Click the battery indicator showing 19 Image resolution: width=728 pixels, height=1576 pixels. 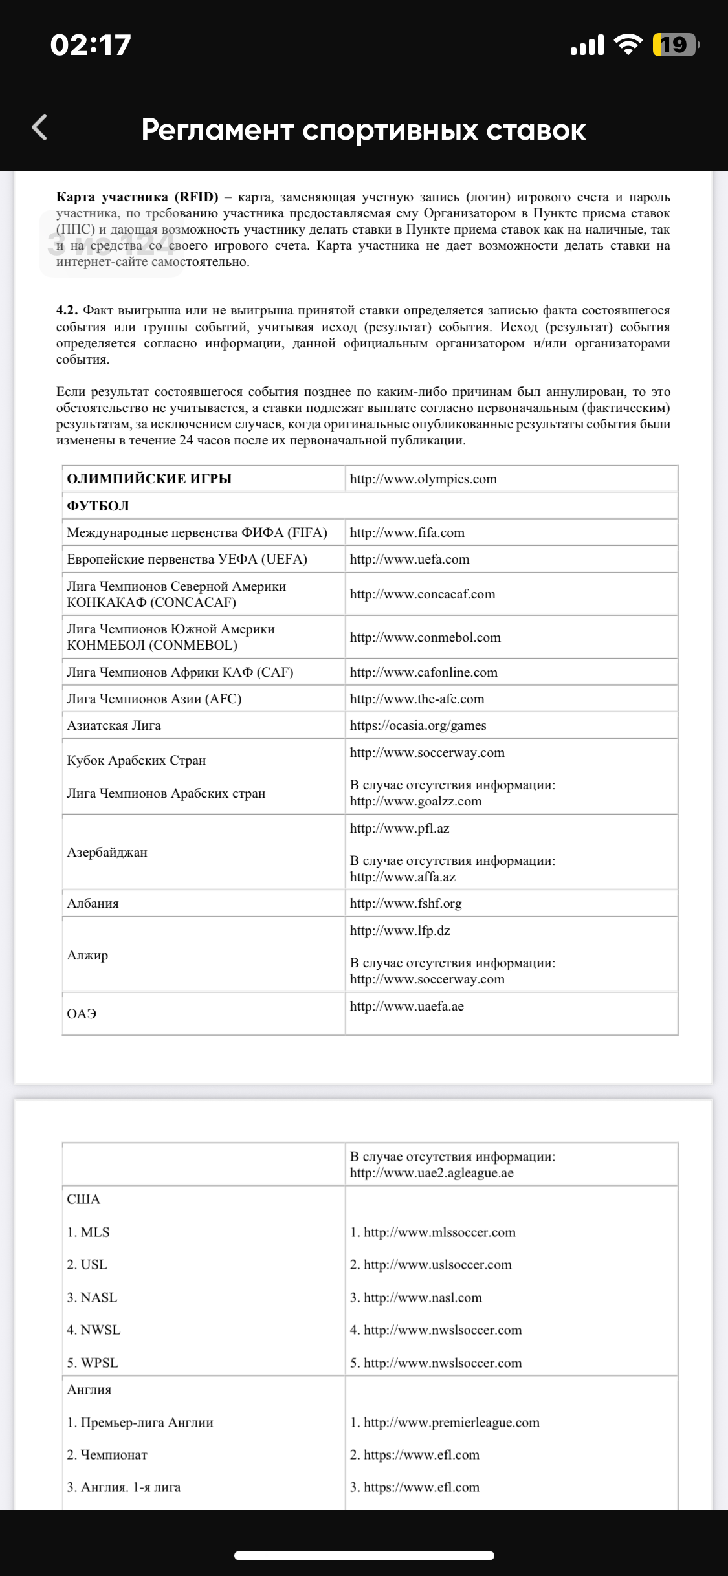coord(675,45)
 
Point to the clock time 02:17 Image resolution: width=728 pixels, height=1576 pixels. coord(91,45)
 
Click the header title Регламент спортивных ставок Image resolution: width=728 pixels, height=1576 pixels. coord(364,130)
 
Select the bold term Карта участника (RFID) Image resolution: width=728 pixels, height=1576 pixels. coord(137,197)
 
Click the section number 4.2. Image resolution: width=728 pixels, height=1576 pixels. coord(67,311)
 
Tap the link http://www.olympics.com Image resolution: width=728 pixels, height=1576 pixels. coord(423,479)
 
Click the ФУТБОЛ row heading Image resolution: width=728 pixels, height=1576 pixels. coord(98,506)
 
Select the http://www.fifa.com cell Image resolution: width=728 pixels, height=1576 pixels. coord(407,533)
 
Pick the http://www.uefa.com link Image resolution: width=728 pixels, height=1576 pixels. coord(410,560)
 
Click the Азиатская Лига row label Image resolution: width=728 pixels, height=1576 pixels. coord(114,726)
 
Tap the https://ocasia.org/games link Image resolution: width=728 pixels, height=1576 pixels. coord(418,726)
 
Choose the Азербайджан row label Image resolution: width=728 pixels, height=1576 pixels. coord(107,853)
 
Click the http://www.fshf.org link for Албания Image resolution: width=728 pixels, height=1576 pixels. coord(406,904)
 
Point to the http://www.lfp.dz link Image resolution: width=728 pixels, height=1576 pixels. coord(400,931)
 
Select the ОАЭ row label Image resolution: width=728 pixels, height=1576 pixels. coord(82,1014)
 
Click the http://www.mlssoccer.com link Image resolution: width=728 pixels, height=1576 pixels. coord(439,1232)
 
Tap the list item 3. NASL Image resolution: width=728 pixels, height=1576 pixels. coord(92,1297)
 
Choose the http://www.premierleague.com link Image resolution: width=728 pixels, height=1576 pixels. coord(451,1423)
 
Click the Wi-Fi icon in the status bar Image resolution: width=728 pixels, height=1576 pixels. coord(628,45)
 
